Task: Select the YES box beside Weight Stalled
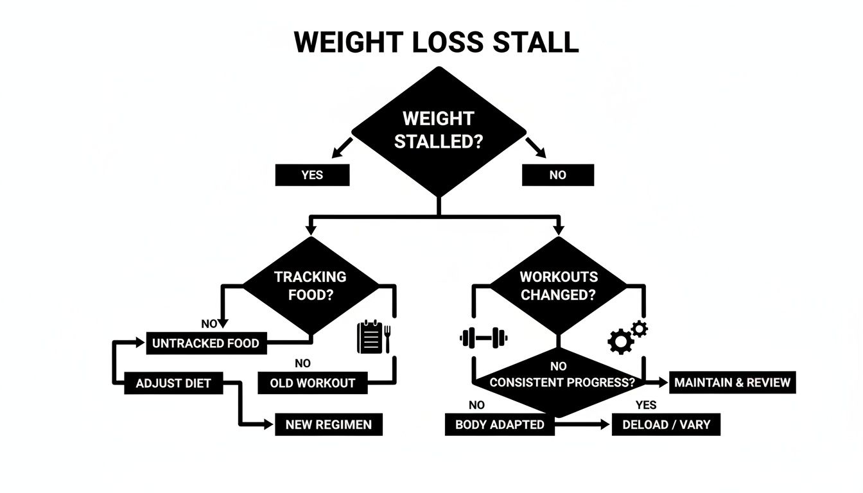pyautogui.click(x=312, y=175)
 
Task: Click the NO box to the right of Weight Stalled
pyautogui.click(x=557, y=175)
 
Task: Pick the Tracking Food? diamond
pyautogui.click(x=310, y=286)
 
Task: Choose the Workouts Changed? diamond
pyautogui.click(x=558, y=286)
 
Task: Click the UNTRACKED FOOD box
pyautogui.click(x=205, y=343)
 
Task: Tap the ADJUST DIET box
pyautogui.click(x=173, y=383)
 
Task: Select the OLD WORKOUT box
pyautogui.click(x=313, y=383)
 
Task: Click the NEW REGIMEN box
pyautogui.click(x=329, y=424)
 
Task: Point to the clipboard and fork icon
pyautogui.click(x=374, y=337)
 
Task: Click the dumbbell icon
pyautogui.click(x=484, y=337)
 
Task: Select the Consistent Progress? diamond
pyautogui.click(x=559, y=381)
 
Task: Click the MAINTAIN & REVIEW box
pyautogui.click(x=732, y=383)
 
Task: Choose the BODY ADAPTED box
pyautogui.click(x=500, y=424)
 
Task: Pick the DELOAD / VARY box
pyautogui.click(x=666, y=424)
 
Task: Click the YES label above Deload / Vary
pyautogui.click(x=646, y=405)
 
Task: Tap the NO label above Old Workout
pyautogui.click(x=302, y=363)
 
